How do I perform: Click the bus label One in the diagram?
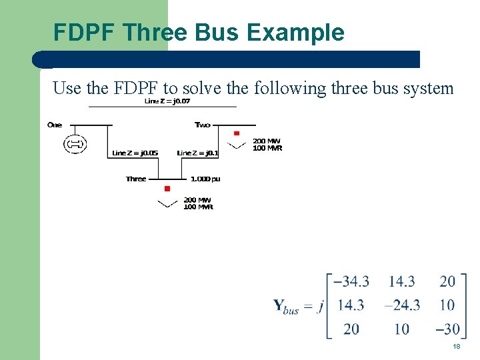coord(55,125)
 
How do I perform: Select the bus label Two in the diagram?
coord(202,125)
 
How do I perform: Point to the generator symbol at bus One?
coord(75,144)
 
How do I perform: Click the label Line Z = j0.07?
coord(167,101)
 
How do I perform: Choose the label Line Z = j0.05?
coord(135,153)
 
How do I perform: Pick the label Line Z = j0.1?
coord(197,153)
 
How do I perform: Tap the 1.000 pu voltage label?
coord(205,179)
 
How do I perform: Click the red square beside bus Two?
coord(237,134)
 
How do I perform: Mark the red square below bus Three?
coord(167,189)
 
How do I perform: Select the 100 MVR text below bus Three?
coord(198,207)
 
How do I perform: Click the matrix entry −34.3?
coord(351,281)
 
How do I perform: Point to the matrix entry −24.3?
coord(402,305)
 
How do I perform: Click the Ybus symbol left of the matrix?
coord(287,307)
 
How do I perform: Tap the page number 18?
coord(457,347)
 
